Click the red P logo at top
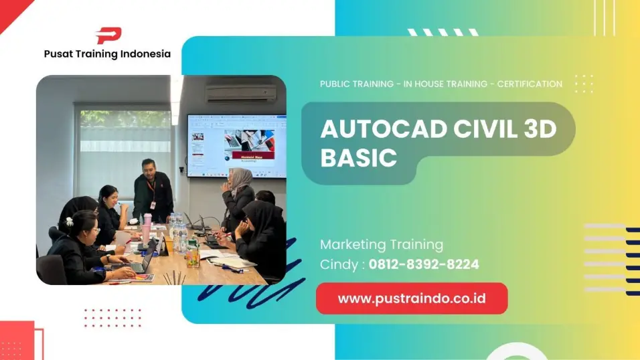coord(108,35)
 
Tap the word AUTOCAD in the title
coord(378,128)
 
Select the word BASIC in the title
coord(358,158)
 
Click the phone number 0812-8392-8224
coord(424,264)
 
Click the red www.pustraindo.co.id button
coord(411,298)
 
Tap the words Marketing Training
coord(381,244)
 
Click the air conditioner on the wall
coord(241,93)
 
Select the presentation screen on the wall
coord(236,145)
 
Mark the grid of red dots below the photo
coord(112,318)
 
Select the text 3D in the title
coord(536,128)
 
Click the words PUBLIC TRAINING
coord(356,84)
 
